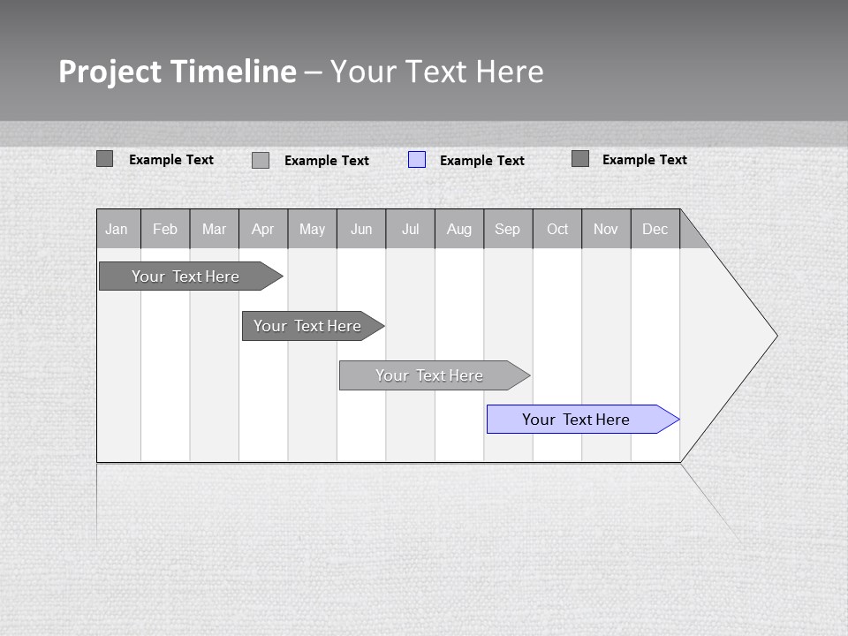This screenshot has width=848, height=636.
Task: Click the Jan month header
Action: (117, 229)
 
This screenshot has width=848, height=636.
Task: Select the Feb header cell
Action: (165, 229)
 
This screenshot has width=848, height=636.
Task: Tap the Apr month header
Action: (263, 229)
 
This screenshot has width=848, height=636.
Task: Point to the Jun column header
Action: (361, 229)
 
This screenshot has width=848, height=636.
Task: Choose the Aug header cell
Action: (459, 229)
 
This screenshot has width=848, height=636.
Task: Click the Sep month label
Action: (508, 229)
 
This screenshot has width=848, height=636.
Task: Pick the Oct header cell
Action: (557, 229)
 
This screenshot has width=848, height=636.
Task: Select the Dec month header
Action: (655, 229)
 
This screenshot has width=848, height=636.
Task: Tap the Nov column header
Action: (606, 229)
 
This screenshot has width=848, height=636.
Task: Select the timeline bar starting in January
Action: (186, 276)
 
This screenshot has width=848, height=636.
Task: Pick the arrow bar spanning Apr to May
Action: (308, 326)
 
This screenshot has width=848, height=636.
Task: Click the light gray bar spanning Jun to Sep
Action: (430, 375)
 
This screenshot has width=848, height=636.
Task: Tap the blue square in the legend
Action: (417, 160)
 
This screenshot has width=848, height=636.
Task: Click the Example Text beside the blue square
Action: (482, 161)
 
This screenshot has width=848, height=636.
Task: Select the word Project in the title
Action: (110, 72)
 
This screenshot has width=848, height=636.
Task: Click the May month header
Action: (312, 229)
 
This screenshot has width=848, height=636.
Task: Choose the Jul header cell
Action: (411, 229)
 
